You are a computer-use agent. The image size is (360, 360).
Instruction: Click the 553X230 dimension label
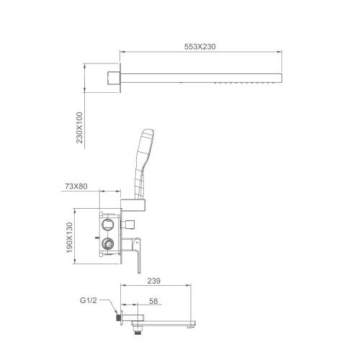200,46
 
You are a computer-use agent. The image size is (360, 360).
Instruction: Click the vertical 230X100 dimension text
79,127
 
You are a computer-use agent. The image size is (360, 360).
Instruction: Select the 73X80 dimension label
76,186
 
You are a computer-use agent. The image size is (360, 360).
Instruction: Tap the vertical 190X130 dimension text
69,238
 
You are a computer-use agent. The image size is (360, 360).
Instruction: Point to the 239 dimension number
154,281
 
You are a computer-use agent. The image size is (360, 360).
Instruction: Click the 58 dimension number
153,301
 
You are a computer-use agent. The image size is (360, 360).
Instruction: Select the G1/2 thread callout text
89,300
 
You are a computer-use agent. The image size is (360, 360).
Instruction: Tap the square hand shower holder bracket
133,205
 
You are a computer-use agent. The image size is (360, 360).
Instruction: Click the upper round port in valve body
108,225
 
